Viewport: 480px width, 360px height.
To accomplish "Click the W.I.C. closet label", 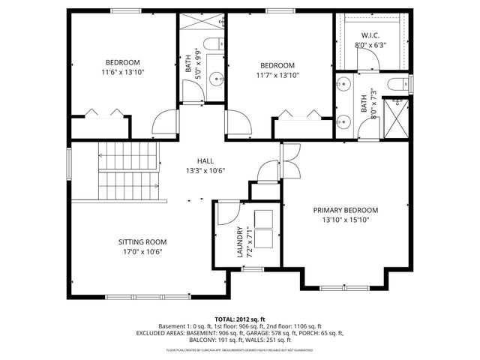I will point(370,34).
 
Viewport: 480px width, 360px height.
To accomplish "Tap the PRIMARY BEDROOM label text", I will point(345,210).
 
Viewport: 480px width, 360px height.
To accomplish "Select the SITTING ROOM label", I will point(142,241).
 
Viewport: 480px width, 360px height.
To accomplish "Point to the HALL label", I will point(205,161).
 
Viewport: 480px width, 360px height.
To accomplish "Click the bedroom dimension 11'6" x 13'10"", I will point(121,72).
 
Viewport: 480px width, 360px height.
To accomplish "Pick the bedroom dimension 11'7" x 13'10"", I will point(277,76).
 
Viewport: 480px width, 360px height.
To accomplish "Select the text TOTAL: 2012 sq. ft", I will point(239,319).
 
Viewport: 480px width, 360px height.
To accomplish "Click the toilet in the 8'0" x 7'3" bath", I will point(397,83).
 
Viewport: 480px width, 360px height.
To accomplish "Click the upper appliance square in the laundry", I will point(263,217).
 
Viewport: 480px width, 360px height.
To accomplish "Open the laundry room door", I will point(224,214).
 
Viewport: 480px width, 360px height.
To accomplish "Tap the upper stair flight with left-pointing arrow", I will point(129,157).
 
